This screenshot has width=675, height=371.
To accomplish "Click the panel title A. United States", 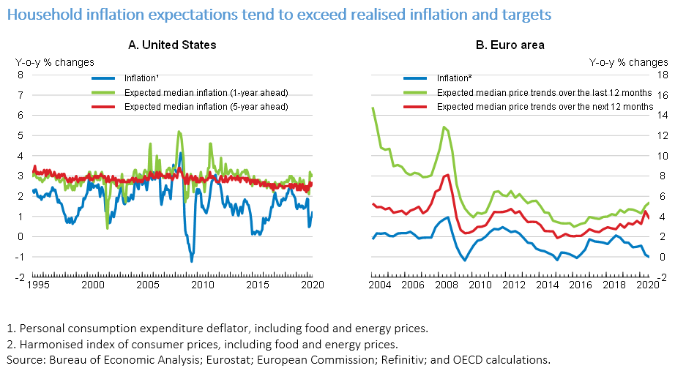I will [x=172, y=45].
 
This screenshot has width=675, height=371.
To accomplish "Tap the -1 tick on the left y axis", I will [x=21, y=257].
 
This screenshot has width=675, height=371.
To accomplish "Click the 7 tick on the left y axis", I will [x=22, y=94].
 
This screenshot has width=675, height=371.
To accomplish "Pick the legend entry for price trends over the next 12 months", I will [x=545, y=106].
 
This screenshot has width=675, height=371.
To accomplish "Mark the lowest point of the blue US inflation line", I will [x=192, y=261].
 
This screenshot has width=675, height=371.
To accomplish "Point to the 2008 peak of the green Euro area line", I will [x=444, y=127].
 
